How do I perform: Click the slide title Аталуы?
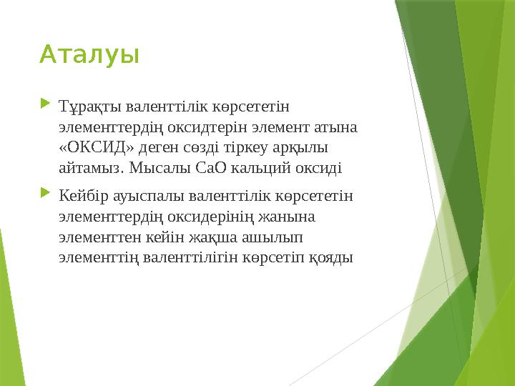89,54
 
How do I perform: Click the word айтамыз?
92,169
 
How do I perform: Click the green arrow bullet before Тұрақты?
46,107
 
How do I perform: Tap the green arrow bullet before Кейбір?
46,193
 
